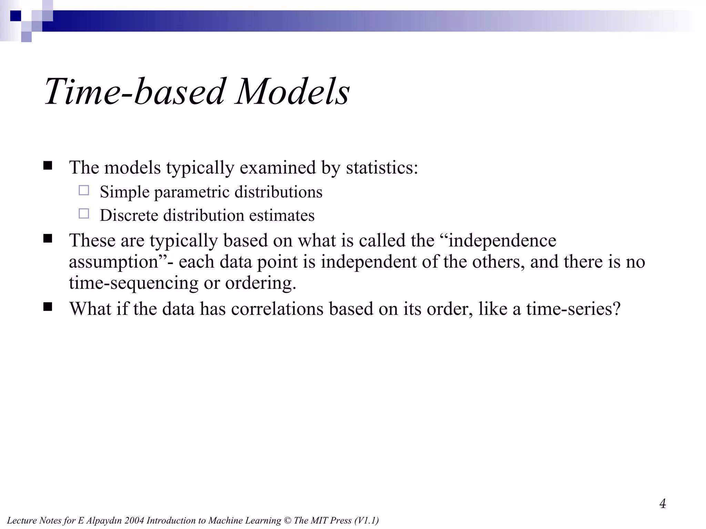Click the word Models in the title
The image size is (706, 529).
pyautogui.click(x=292, y=92)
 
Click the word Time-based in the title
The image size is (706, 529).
pyautogui.click(x=134, y=92)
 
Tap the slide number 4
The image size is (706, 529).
pyautogui.click(x=663, y=504)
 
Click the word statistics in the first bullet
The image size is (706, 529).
pyautogui.click(x=382, y=168)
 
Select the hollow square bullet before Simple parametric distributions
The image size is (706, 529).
pyautogui.click(x=84, y=190)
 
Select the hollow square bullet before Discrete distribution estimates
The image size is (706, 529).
pyautogui.click(x=84, y=214)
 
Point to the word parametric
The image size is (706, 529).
pyautogui.click(x=191, y=192)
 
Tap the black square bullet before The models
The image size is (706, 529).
pyautogui.click(x=48, y=166)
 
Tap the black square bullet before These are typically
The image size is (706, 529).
pyautogui.click(x=48, y=239)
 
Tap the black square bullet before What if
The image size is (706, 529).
pyautogui.click(x=48, y=307)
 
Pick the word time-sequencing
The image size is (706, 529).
pyautogui.click(x=133, y=283)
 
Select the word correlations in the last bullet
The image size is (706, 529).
pyautogui.click(x=277, y=309)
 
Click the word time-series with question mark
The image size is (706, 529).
pyautogui.click(x=573, y=309)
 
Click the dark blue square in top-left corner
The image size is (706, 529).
pyautogui.click(x=16, y=16)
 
